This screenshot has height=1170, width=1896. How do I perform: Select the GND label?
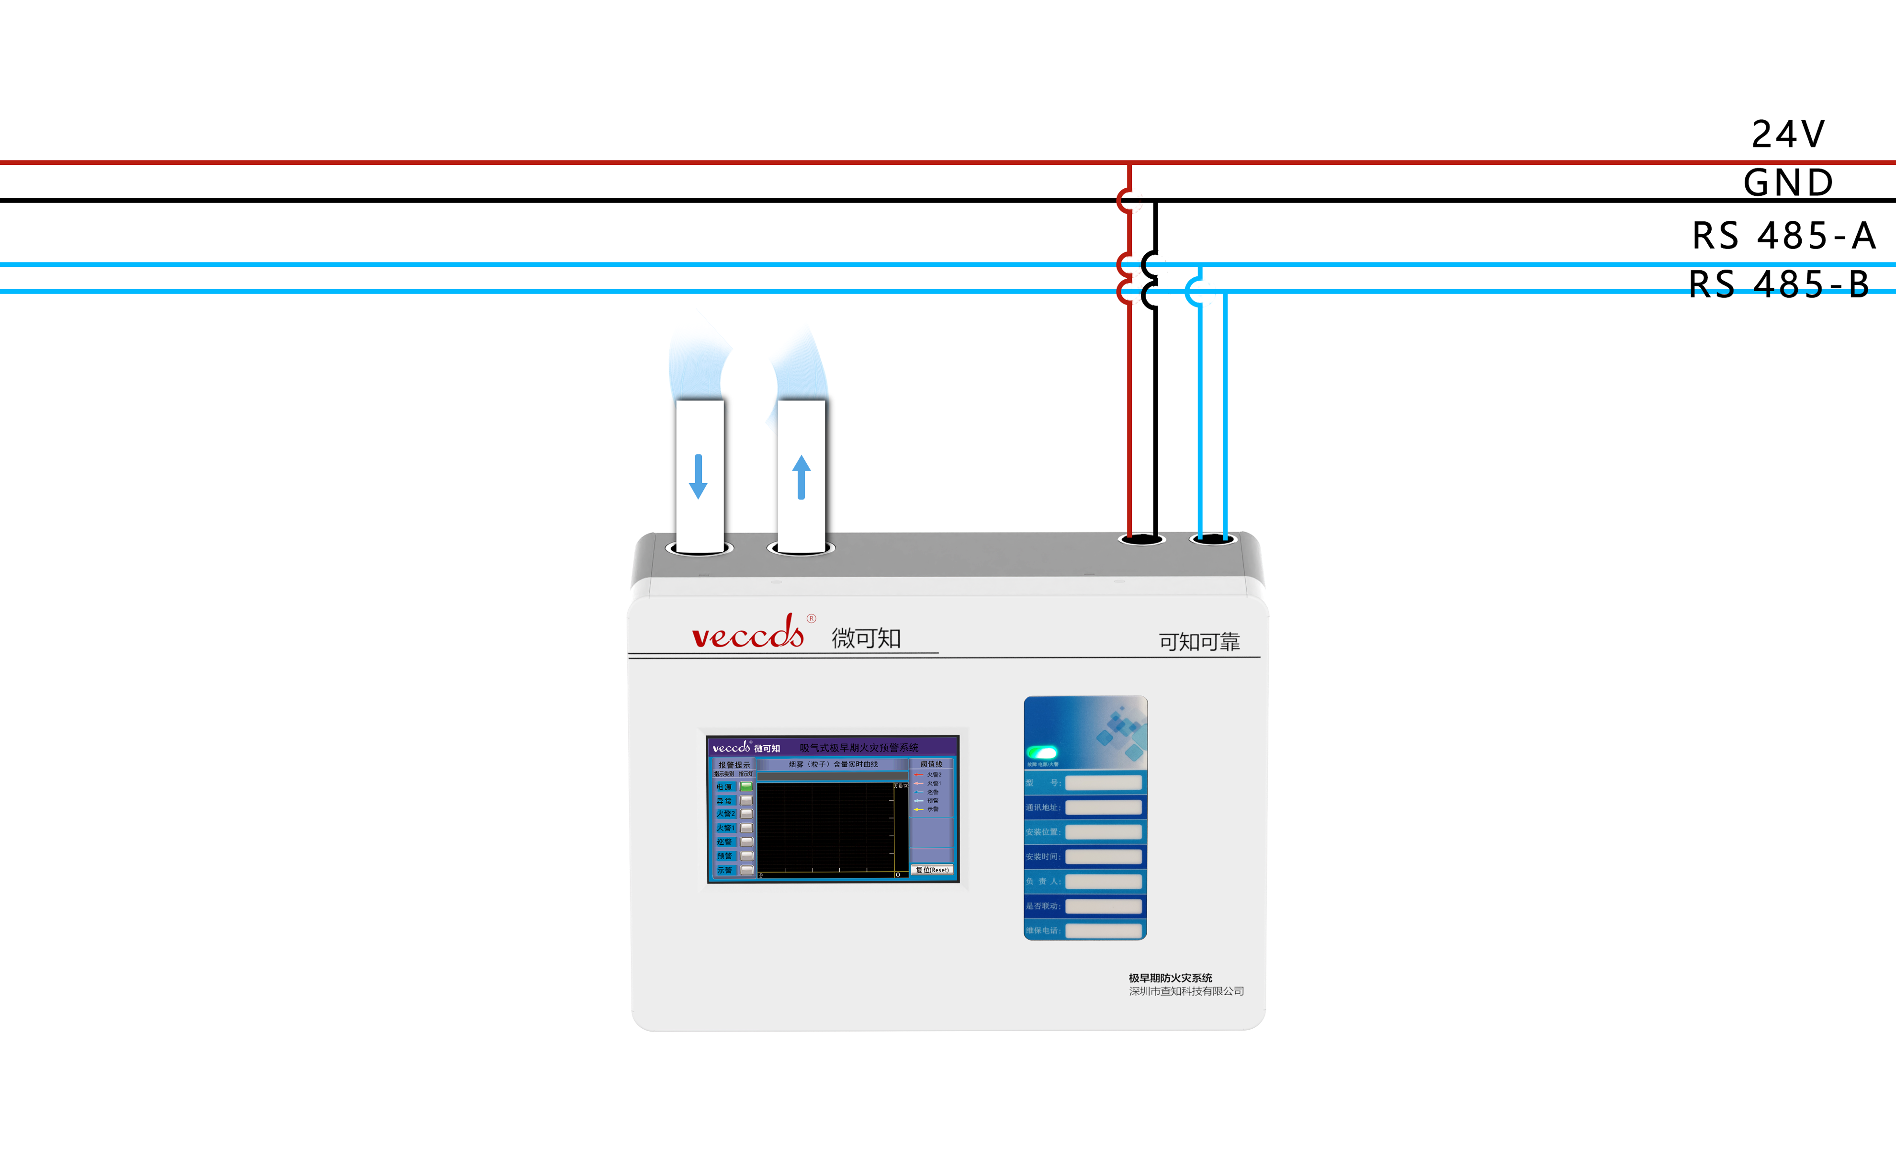[1788, 182]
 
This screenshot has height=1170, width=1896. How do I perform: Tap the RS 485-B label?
[1779, 284]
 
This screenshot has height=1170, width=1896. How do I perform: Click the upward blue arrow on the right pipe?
[801, 477]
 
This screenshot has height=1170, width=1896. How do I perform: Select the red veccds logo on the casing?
[748, 634]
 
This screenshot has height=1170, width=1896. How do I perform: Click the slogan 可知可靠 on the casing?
[1198, 641]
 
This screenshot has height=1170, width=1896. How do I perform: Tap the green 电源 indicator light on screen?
[746, 786]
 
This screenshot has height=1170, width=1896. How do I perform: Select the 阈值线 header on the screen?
[931, 764]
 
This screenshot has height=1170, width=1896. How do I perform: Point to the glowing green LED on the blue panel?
[1042, 752]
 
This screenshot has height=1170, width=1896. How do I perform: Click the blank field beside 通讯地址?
[1103, 807]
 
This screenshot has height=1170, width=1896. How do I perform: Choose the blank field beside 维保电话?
[1103, 930]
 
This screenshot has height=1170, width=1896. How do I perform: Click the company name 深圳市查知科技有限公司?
[1186, 991]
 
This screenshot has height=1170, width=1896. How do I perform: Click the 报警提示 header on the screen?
[734, 764]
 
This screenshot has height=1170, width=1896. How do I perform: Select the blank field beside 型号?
[1103, 783]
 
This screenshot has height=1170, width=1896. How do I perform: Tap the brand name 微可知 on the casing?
[866, 638]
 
